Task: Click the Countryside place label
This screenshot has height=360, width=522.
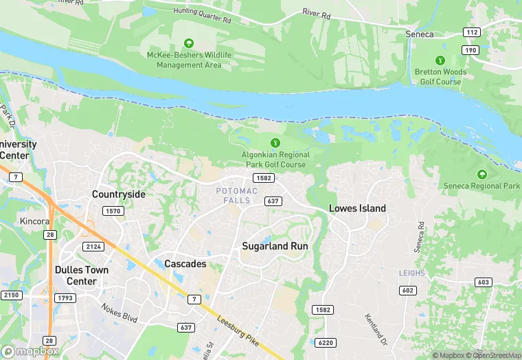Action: pos(119,194)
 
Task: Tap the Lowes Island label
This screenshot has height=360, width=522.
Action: pos(357,208)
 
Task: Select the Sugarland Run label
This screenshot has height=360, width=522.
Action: pos(275,245)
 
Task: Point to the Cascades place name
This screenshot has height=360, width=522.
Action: pos(185,264)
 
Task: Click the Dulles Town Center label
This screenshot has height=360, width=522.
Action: pos(81,275)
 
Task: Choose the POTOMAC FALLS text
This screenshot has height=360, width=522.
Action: pos(237,195)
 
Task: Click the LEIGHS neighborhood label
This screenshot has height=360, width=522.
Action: pos(413,273)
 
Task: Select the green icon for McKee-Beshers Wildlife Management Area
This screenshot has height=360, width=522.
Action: pos(189,43)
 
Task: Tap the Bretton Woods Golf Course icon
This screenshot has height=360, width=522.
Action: pos(440,60)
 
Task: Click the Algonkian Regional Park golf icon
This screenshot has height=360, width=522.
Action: pos(275,143)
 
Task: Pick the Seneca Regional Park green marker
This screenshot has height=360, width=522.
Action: pos(481,175)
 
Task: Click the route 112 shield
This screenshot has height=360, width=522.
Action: pos(471,32)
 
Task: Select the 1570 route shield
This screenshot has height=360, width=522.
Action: pos(113,211)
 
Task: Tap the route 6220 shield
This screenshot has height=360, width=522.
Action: pos(326,343)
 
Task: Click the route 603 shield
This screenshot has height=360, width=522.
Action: pos(483,282)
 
